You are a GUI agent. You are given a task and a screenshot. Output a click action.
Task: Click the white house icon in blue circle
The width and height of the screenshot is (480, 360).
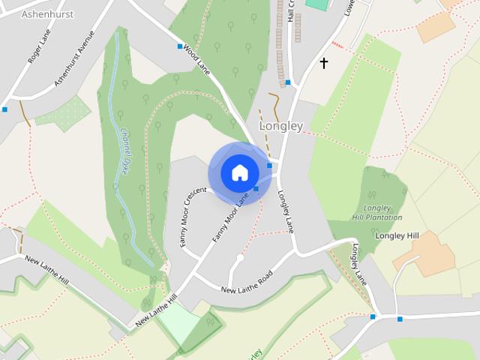tap(239, 173)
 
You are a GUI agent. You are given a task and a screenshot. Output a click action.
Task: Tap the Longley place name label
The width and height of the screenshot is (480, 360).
tap(280, 126)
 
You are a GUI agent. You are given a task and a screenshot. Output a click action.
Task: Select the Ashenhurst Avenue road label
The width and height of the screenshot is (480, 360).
tap(75, 58)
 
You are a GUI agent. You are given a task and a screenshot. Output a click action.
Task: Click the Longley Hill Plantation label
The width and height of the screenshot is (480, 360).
tap(376, 212)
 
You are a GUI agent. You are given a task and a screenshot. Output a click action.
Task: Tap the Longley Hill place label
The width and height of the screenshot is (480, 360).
tap(397, 235)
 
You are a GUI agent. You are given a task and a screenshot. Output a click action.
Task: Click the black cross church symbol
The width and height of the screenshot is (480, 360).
tap(324, 62)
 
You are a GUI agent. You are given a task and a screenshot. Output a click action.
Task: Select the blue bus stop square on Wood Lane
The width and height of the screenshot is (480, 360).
tap(180, 46)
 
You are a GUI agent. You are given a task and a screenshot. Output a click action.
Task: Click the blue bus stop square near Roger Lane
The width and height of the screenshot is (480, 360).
tap(4, 109)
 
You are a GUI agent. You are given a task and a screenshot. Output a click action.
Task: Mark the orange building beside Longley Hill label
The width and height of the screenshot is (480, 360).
tap(424, 254)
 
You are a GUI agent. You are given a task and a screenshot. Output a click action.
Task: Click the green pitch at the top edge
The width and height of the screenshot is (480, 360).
tap(318, 4)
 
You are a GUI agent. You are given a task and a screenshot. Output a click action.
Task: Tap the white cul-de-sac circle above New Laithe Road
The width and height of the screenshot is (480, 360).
tap(240, 258)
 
